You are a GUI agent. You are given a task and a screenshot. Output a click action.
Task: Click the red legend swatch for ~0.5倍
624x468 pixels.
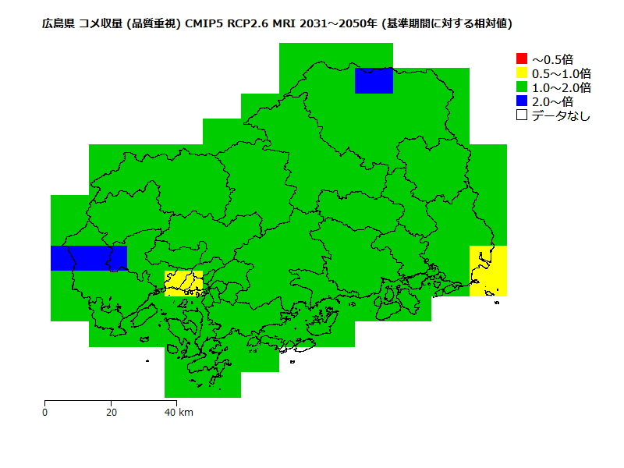coord(522,58)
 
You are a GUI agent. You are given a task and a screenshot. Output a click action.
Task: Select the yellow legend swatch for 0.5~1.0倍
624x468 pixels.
coord(522,73)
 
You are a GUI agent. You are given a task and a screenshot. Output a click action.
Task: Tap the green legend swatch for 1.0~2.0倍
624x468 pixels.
coord(522,87)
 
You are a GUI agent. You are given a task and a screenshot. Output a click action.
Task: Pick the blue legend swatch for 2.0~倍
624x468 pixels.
coord(522,101)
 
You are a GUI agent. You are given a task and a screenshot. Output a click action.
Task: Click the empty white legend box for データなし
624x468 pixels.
coord(522,115)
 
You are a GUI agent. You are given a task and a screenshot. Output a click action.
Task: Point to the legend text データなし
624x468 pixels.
coord(561,115)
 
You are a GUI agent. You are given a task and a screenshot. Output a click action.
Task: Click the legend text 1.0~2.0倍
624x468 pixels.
coord(561,87)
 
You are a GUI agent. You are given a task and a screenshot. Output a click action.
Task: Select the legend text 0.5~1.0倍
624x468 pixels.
coord(561,73)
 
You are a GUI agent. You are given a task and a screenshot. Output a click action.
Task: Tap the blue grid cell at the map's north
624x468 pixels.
coord(374,80)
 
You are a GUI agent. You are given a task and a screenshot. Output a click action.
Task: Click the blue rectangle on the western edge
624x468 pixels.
coord(88,258)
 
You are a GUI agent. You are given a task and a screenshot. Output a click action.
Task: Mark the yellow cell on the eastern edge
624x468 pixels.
coord(488,271)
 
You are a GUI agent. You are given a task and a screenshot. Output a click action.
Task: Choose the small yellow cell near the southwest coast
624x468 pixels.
coord(183,283)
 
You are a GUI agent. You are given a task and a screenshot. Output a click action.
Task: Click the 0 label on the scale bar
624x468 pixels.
coord(45,412)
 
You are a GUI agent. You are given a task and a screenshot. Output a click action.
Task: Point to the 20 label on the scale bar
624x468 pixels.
coord(112,412)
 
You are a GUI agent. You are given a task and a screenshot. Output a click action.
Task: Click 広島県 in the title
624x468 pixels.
coord(58,23)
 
